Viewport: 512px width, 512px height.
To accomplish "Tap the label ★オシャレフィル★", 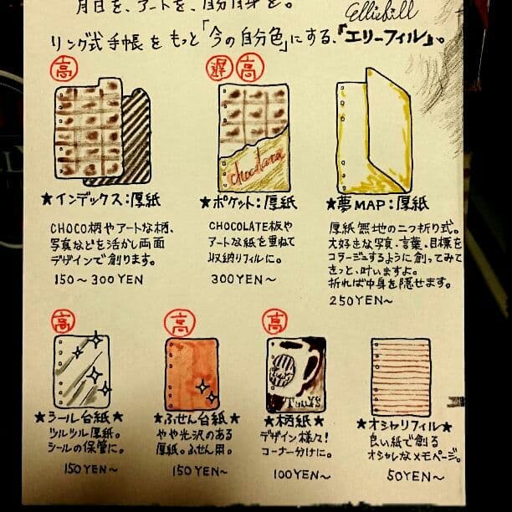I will (x=405, y=425).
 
